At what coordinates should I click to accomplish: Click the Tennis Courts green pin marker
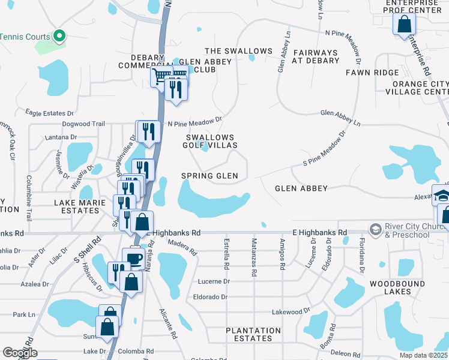(x=59, y=37)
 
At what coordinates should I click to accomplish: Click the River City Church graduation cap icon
(x=376, y=229)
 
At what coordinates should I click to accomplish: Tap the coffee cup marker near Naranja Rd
(x=133, y=259)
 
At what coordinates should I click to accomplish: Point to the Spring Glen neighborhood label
(x=209, y=176)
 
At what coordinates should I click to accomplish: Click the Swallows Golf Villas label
(x=210, y=142)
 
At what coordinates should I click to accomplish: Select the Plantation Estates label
(x=253, y=334)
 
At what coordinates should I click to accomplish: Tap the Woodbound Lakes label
(x=398, y=287)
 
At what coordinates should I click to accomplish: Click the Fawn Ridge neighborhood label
(x=372, y=73)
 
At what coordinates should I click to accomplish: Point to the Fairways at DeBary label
(x=315, y=56)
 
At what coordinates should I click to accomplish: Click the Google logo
(x=20, y=353)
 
